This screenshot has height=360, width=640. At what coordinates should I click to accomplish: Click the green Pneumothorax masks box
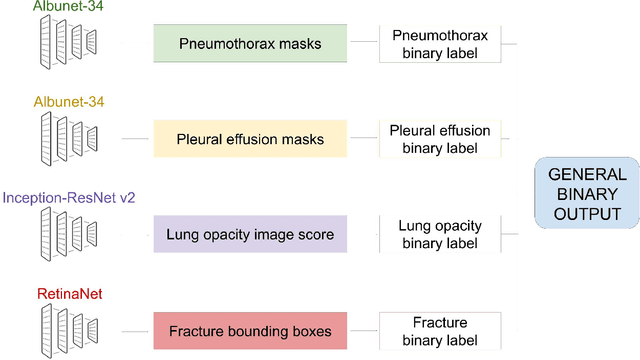249,44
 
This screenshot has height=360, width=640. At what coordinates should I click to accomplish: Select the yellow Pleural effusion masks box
249,139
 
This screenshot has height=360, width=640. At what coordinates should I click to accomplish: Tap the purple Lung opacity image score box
249,235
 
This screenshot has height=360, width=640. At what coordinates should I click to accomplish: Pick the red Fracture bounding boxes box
249,330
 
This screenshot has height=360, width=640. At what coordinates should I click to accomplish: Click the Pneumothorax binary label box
439,44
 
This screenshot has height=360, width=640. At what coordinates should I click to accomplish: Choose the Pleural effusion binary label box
439,139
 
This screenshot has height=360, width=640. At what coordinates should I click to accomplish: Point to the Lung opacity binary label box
439,235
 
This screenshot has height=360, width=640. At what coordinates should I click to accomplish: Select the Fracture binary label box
439,330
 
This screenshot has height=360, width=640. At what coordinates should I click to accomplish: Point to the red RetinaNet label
69,294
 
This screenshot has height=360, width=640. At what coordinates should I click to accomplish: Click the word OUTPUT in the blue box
587,214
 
